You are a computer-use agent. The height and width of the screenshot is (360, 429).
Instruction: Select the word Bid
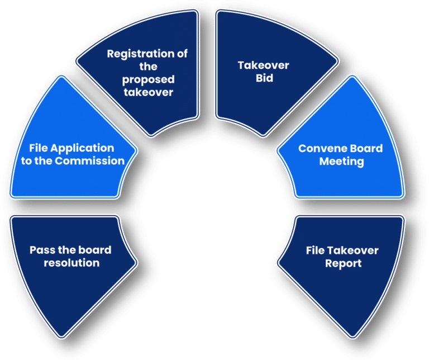264,78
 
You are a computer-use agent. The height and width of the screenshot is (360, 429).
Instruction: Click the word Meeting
341,162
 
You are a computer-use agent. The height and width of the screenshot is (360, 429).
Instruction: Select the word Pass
41,250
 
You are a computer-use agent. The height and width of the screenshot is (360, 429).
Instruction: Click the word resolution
71,263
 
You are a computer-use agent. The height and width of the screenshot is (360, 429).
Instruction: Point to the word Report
343,263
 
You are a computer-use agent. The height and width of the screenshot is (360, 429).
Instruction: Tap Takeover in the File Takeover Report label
354,250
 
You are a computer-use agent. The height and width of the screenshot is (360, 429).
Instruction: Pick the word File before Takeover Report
316,250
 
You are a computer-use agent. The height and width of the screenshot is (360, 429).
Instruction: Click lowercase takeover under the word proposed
149,91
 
